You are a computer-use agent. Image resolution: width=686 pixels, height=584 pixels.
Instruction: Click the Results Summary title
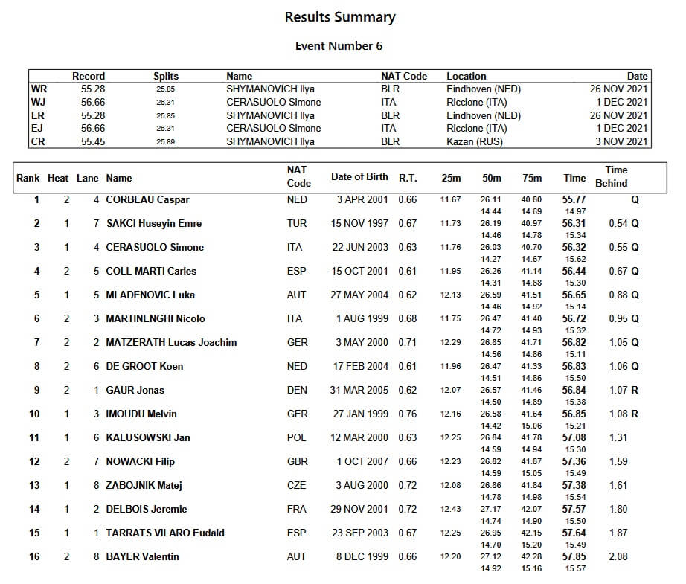click(340, 17)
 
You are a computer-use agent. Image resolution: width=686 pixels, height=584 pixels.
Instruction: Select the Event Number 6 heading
click(339, 46)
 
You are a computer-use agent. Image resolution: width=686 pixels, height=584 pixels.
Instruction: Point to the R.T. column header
click(408, 178)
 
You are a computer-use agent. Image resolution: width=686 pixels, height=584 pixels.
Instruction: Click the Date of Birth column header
click(359, 177)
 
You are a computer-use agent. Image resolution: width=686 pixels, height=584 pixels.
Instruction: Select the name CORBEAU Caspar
click(147, 200)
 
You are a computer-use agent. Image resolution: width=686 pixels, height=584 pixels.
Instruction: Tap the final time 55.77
click(574, 200)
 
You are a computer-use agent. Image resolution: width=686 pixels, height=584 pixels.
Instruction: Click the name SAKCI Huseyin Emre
click(154, 224)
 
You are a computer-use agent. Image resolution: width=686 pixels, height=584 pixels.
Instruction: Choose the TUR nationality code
click(296, 224)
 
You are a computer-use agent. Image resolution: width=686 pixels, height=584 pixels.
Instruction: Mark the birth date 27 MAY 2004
click(360, 295)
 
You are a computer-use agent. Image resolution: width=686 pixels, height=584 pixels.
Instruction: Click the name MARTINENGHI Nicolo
click(156, 319)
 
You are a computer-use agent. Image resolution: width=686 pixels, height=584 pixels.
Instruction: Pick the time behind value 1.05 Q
click(624, 343)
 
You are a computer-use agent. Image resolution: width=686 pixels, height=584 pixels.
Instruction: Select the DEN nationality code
click(296, 391)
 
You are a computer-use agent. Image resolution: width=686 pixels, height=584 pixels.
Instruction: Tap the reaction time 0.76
click(408, 414)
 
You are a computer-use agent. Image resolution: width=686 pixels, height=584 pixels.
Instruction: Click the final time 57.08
click(574, 438)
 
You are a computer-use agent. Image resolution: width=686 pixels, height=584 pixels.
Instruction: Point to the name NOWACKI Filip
click(141, 462)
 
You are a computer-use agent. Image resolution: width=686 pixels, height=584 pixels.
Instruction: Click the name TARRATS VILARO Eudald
click(165, 533)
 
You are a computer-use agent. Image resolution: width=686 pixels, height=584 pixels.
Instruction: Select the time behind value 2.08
click(618, 557)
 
